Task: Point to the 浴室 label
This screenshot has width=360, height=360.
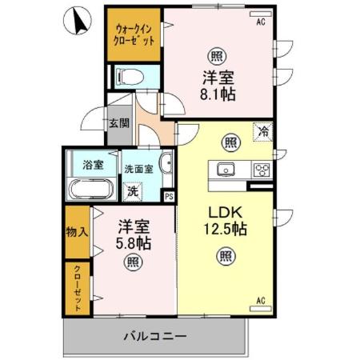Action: point(93,165)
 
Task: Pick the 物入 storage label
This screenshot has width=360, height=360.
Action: point(77,231)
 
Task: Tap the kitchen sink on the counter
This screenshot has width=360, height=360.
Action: point(225,170)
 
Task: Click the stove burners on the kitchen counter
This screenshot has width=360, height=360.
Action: point(261,169)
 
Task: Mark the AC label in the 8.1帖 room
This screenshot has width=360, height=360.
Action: point(261,23)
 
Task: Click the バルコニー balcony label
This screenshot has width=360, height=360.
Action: point(154,337)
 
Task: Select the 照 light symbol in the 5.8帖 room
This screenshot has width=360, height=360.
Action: point(130,261)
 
